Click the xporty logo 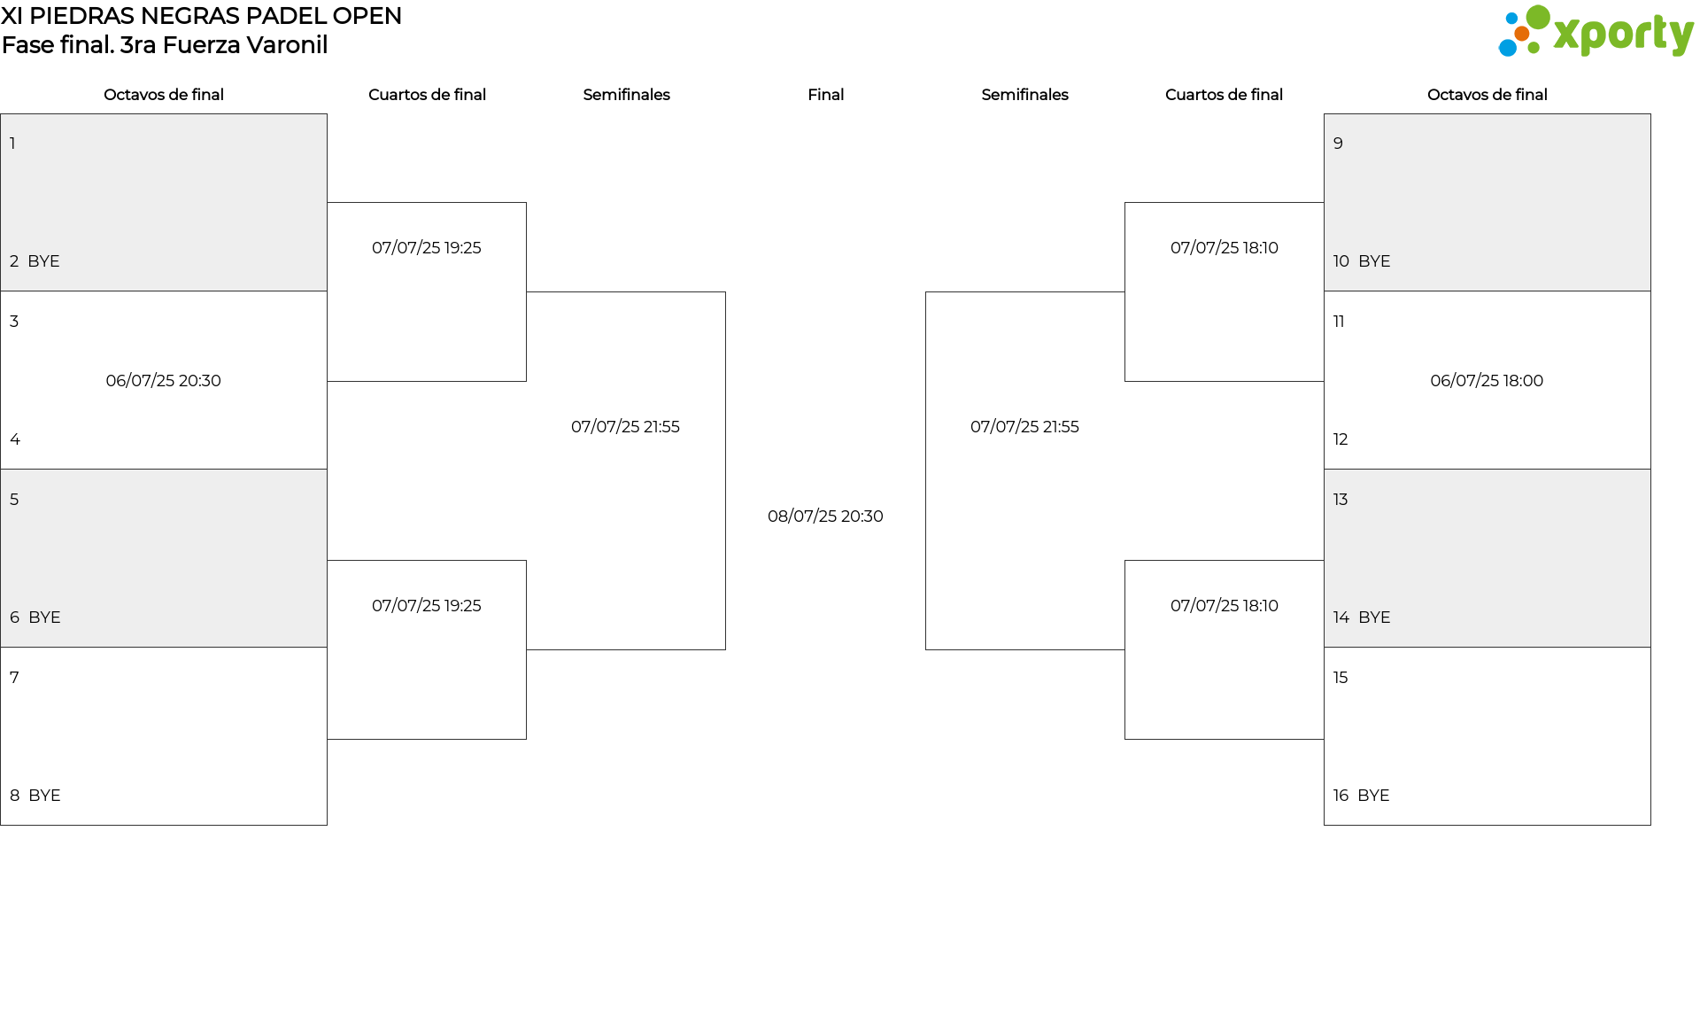tap(1596, 32)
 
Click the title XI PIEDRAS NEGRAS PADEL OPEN tap(202, 16)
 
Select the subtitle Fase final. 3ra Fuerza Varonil tap(165, 45)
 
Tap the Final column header tap(825, 95)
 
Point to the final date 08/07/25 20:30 tap(825, 516)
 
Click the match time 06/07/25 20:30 tap(164, 381)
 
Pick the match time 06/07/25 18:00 tap(1487, 381)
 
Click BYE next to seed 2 tap(43, 261)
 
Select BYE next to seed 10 tap(1374, 261)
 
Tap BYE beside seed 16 tap(1374, 796)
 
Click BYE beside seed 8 tap(44, 796)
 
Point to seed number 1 tap(12, 144)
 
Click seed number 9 tap(1338, 144)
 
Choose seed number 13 tap(1341, 500)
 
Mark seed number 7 tap(14, 678)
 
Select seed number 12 tap(1341, 439)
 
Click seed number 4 tap(15, 439)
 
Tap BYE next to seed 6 tap(44, 617)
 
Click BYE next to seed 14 tap(1374, 617)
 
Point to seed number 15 tap(1341, 678)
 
